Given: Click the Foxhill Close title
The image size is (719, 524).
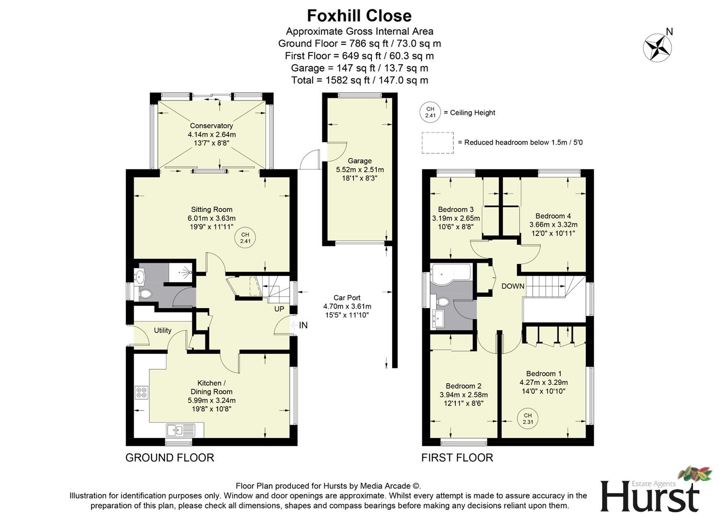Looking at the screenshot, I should tap(359, 16).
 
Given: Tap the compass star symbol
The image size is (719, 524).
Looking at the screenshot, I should tap(657, 48).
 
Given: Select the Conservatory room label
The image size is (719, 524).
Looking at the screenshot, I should tap(211, 126).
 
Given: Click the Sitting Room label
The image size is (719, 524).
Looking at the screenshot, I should tap(211, 210).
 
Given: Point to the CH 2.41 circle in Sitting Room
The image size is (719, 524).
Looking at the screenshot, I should tap(245, 238).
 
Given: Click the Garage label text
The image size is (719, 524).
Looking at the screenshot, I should tap(359, 161).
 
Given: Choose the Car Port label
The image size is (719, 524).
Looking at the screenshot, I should tap(347, 297).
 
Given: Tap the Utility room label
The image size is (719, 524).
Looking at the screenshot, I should tap(163, 330).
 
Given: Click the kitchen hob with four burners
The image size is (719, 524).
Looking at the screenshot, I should tap(142, 392).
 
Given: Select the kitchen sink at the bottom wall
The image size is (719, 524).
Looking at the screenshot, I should tap(180, 430).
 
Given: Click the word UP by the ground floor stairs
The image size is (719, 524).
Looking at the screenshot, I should tap(279, 309).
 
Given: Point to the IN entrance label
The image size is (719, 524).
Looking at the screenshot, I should tap(303, 326).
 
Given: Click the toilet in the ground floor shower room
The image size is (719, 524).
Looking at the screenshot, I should tap(144, 294).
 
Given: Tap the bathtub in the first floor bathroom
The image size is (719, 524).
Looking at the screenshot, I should tap(450, 272).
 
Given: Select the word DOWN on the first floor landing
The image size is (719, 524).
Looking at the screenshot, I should tap(513, 286).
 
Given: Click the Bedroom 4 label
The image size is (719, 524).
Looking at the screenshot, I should tap(553, 216).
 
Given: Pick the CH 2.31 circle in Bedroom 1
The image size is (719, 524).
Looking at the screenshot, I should tap(528, 419).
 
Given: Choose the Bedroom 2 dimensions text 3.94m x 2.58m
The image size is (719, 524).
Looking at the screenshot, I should tap(463, 395).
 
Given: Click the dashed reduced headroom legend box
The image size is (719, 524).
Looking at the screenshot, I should tap(437, 143).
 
